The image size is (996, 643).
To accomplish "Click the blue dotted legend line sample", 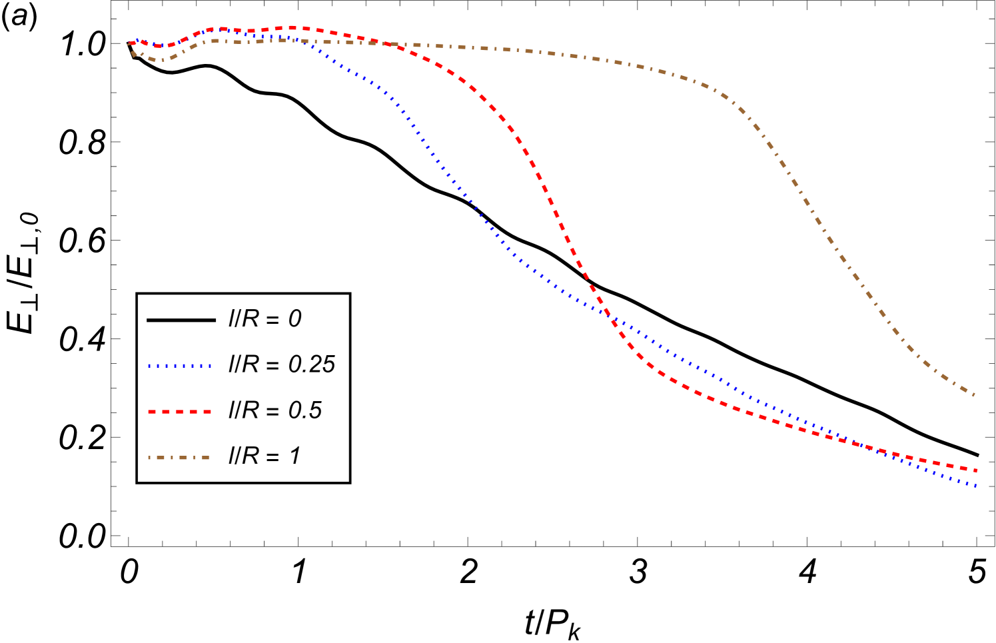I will (x=179, y=366).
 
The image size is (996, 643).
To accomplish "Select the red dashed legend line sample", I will (x=179, y=412).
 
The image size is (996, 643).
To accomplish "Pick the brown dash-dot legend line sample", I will (x=179, y=458).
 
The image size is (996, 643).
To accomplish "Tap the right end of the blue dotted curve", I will (x=975, y=486).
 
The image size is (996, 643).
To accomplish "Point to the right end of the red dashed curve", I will (x=975, y=470).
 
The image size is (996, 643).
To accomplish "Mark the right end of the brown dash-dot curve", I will (x=975, y=396).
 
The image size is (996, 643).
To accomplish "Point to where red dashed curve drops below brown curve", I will (x=388, y=44).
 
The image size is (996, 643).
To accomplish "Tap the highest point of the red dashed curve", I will (x=291, y=27).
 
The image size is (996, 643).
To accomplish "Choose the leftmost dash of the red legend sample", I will (x=152, y=412).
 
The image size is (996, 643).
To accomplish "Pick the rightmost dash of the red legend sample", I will (x=207, y=412).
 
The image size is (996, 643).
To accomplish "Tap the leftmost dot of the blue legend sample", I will (x=150, y=366).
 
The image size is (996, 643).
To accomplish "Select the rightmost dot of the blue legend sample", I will (x=210, y=366).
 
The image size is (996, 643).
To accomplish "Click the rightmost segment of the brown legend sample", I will (x=205, y=458).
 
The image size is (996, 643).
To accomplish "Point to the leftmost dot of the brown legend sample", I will (x=150, y=458).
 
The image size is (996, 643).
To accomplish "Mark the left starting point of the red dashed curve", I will (x=130, y=43).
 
